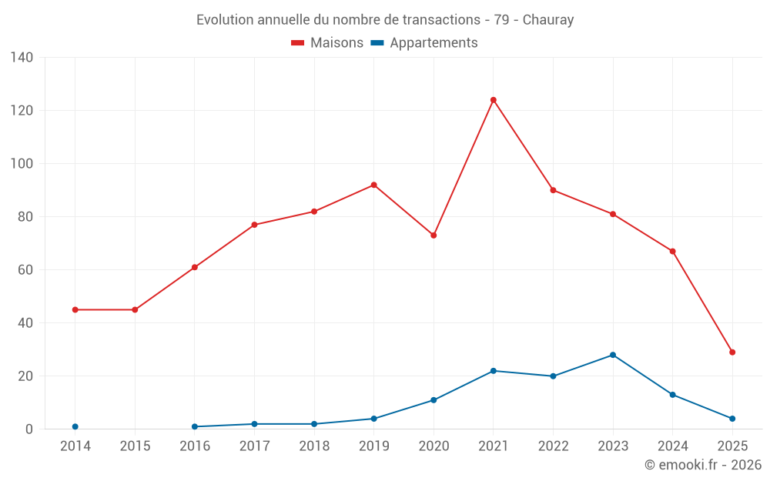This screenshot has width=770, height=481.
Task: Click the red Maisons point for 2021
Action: pos(494,100)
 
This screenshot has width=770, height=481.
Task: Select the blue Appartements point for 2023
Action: pos(613,355)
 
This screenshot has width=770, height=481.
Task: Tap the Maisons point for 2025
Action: pos(732,352)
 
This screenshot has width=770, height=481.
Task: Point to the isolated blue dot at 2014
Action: pos(75,426)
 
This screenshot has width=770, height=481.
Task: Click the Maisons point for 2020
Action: pos(434,235)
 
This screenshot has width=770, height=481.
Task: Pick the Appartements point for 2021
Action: pos(494,371)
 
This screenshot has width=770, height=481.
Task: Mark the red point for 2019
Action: pos(373,185)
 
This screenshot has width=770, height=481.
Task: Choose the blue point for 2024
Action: pos(672,395)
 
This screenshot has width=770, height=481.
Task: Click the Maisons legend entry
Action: pos(327,43)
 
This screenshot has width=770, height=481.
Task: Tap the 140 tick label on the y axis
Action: pos(22,58)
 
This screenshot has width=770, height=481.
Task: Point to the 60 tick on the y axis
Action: pos(25,270)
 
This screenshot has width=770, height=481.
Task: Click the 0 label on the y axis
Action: pos(29,429)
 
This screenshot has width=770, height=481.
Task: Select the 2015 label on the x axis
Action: pos(135,446)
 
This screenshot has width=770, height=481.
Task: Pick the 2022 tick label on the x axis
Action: pos(553,446)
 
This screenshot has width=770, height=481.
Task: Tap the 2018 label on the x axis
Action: pos(314,446)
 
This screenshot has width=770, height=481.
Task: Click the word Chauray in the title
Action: pos(548,20)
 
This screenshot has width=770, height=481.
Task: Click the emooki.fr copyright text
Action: pos(703,465)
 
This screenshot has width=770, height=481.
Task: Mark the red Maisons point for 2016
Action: pos(195,267)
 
